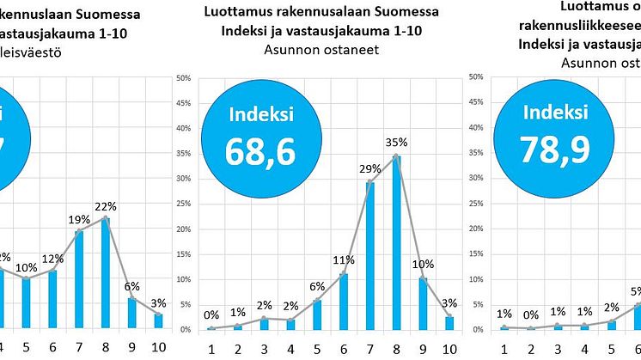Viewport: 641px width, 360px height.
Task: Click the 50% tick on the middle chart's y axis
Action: pyautogui.click(x=183, y=77)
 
